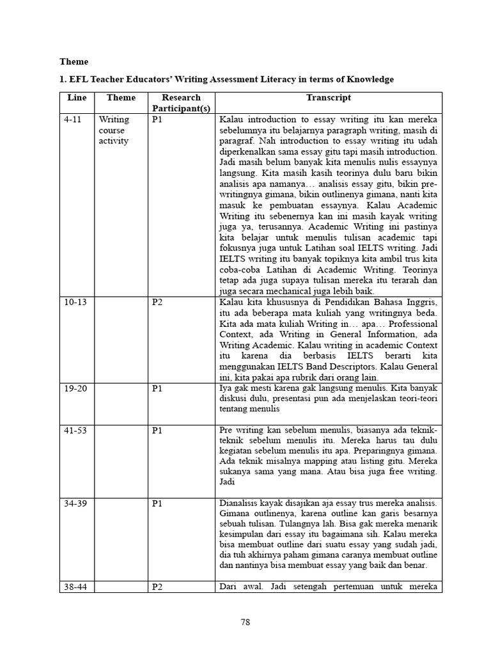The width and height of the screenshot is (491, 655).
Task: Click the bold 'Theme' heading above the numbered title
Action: (74, 62)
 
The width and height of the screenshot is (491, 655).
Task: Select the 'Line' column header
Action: (77, 98)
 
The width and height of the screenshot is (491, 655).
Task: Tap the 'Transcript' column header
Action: (329, 98)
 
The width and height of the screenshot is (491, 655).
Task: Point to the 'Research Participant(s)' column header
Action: (181, 103)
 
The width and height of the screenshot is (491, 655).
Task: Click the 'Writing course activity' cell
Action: (114, 130)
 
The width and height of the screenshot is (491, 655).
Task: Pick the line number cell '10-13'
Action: (75, 302)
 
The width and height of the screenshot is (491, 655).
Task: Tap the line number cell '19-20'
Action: (75, 388)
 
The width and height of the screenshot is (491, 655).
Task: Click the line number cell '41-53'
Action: (75, 430)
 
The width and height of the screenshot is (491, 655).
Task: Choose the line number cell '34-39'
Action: (75, 503)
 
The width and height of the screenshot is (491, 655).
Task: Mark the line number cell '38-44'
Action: (75, 587)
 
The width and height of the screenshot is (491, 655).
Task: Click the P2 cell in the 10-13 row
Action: (157, 302)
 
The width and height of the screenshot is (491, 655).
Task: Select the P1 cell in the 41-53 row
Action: (157, 430)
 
